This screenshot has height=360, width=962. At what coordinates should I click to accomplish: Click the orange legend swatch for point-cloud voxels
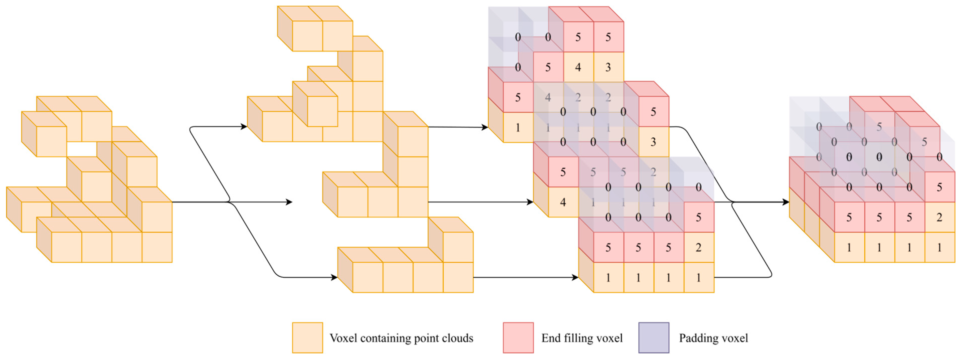pyautogui.click(x=307, y=337)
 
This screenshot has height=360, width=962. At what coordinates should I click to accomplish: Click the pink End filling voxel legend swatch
pyautogui.click(x=518, y=337)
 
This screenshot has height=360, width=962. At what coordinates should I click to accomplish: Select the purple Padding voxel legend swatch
pyautogui.click(x=654, y=337)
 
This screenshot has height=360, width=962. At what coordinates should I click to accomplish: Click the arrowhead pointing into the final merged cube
pyautogui.click(x=785, y=202)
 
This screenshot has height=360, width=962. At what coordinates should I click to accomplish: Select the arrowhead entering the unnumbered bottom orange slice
pyautogui.click(x=334, y=277)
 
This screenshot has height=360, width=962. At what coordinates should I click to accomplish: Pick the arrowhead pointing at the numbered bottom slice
pyautogui.click(x=575, y=277)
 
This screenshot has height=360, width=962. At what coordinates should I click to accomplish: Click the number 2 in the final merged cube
pyautogui.click(x=939, y=217)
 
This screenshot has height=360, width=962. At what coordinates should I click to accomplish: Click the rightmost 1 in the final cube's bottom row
pyautogui.click(x=939, y=248)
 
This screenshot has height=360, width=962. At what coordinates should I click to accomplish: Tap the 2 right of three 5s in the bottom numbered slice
pyautogui.click(x=698, y=248)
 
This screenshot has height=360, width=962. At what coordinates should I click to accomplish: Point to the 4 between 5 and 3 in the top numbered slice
pyautogui.click(x=578, y=67)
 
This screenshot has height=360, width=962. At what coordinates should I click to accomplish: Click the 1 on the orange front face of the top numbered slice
pyautogui.click(x=518, y=128)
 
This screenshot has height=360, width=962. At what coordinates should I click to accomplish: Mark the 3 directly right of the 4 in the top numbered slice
pyautogui.click(x=608, y=67)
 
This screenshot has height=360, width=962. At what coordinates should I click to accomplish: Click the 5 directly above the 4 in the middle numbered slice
pyautogui.click(x=563, y=172)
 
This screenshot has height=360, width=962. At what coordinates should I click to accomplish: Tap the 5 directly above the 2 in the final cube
pyautogui.click(x=939, y=187)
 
